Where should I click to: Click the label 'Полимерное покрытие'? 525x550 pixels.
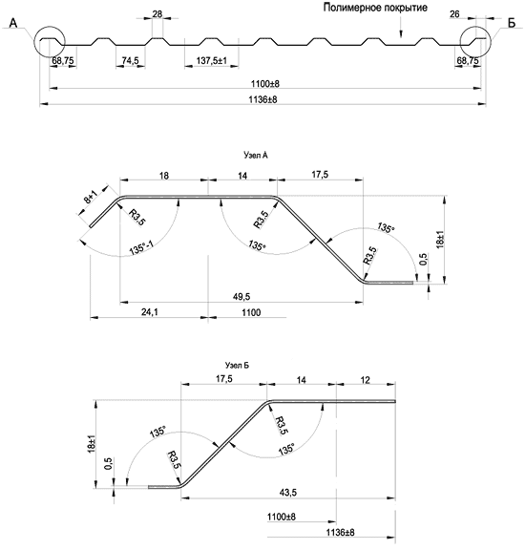[x=375, y=8]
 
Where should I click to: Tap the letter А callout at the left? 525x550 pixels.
[x=13, y=23]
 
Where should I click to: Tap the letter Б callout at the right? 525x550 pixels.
[x=512, y=23]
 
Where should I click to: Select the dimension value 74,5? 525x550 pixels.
[x=130, y=61]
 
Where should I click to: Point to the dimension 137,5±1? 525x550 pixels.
[x=212, y=61]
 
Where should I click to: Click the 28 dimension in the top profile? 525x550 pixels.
[x=157, y=14]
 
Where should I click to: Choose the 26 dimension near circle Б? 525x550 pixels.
[x=454, y=14]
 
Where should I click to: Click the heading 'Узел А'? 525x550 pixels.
[x=255, y=155]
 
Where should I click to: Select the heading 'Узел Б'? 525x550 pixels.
[x=237, y=366]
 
